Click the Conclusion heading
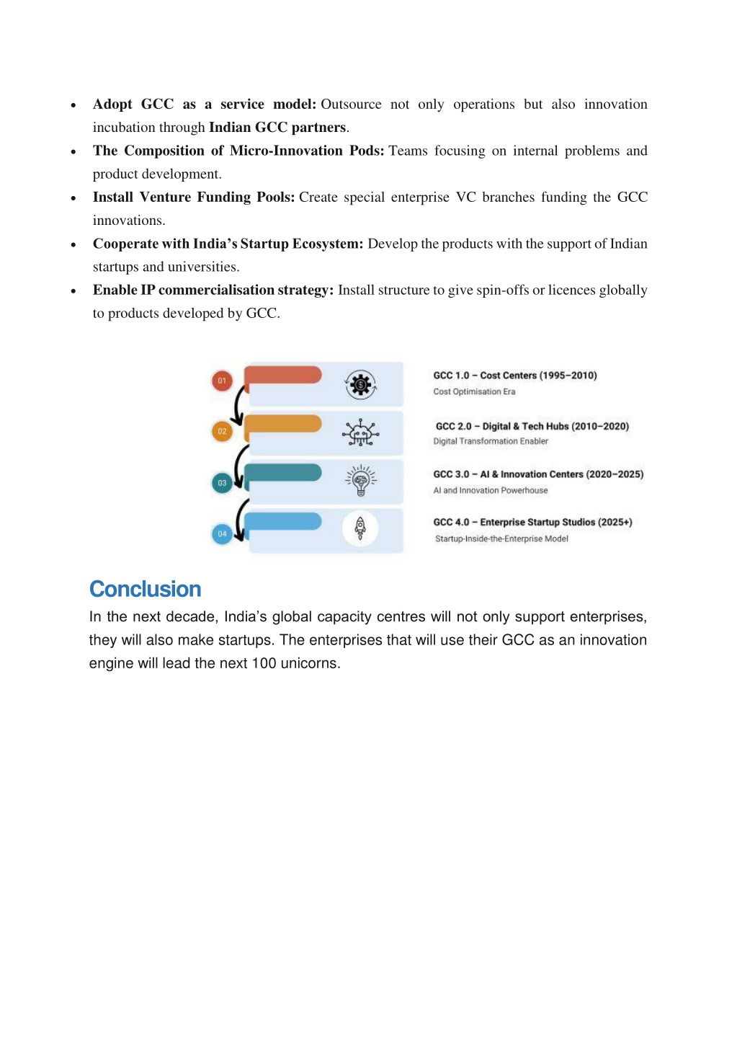pos(145,589)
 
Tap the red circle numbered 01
pos(222,381)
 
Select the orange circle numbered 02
pos(222,431)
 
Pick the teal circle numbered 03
pos(222,483)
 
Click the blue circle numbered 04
pos(222,534)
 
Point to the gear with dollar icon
pos(360,385)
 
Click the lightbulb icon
pos(360,480)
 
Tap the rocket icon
pos(360,529)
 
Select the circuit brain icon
pos(360,432)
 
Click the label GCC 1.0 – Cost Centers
pos(514,376)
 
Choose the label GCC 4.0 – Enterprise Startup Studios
pos(532,523)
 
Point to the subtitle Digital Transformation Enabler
pos(491,441)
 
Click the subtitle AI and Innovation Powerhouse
pos(490,490)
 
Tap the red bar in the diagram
pos(283,375)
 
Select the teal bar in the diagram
pos(283,473)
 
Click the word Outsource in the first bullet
pos(351,105)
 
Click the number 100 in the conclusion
pos(264,663)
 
